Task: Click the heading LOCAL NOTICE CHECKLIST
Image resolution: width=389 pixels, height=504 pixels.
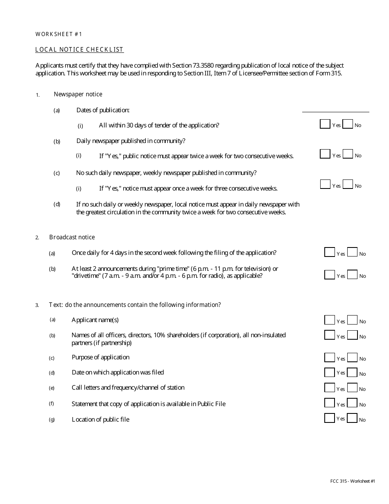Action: (79, 50)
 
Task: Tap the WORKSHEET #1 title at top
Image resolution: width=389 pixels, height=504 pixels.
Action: (59, 34)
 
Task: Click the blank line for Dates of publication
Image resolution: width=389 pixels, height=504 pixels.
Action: (335, 109)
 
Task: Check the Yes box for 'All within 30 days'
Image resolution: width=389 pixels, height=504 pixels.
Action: (325, 124)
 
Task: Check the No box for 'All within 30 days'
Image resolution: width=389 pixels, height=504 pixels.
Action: (348, 124)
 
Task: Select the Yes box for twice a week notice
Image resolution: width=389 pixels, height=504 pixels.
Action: (325, 154)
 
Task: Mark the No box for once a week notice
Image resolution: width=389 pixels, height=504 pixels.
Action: (348, 184)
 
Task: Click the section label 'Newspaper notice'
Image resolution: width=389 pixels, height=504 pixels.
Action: (78, 94)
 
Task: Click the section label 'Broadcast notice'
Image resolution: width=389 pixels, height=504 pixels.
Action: (72, 237)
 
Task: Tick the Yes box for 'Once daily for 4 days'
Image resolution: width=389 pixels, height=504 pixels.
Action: (330, 252)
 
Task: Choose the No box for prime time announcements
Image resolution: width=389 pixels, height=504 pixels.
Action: (352, 275)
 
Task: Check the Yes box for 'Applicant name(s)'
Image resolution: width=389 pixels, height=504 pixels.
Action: (330, 320)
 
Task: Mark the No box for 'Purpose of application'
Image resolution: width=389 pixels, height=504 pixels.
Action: (352, 357)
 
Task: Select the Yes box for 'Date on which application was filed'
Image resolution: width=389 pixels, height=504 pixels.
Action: (330, 372)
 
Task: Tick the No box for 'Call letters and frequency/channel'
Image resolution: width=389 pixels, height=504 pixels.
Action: (352, 388)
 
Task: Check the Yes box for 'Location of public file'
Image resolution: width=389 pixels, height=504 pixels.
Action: (330, 418)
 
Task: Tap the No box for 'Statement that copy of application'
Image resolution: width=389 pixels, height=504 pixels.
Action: (352, 403)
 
